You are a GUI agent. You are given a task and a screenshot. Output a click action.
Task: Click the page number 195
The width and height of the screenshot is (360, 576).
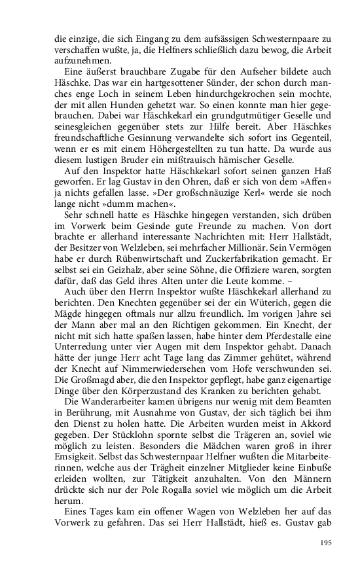[x=327, y=542]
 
